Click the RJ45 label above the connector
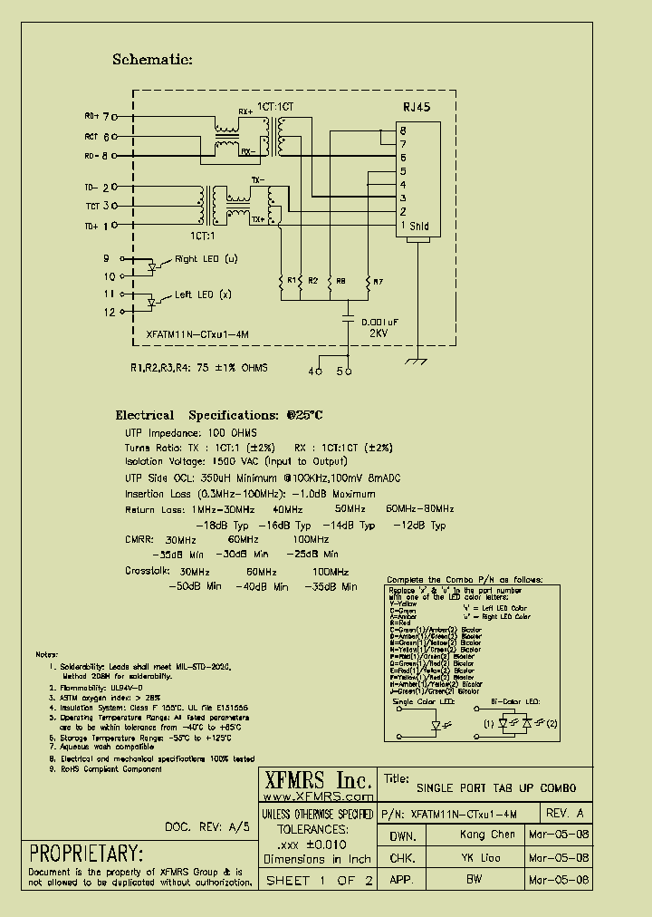417,107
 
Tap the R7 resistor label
379,281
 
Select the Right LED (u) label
206,259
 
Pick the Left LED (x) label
203,294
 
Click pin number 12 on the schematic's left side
110,312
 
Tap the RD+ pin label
91,117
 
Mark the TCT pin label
91,207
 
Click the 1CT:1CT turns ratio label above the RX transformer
275,107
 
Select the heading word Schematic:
152,60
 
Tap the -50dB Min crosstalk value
196,586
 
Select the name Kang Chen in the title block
486,835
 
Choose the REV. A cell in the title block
566,813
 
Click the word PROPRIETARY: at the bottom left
87,854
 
